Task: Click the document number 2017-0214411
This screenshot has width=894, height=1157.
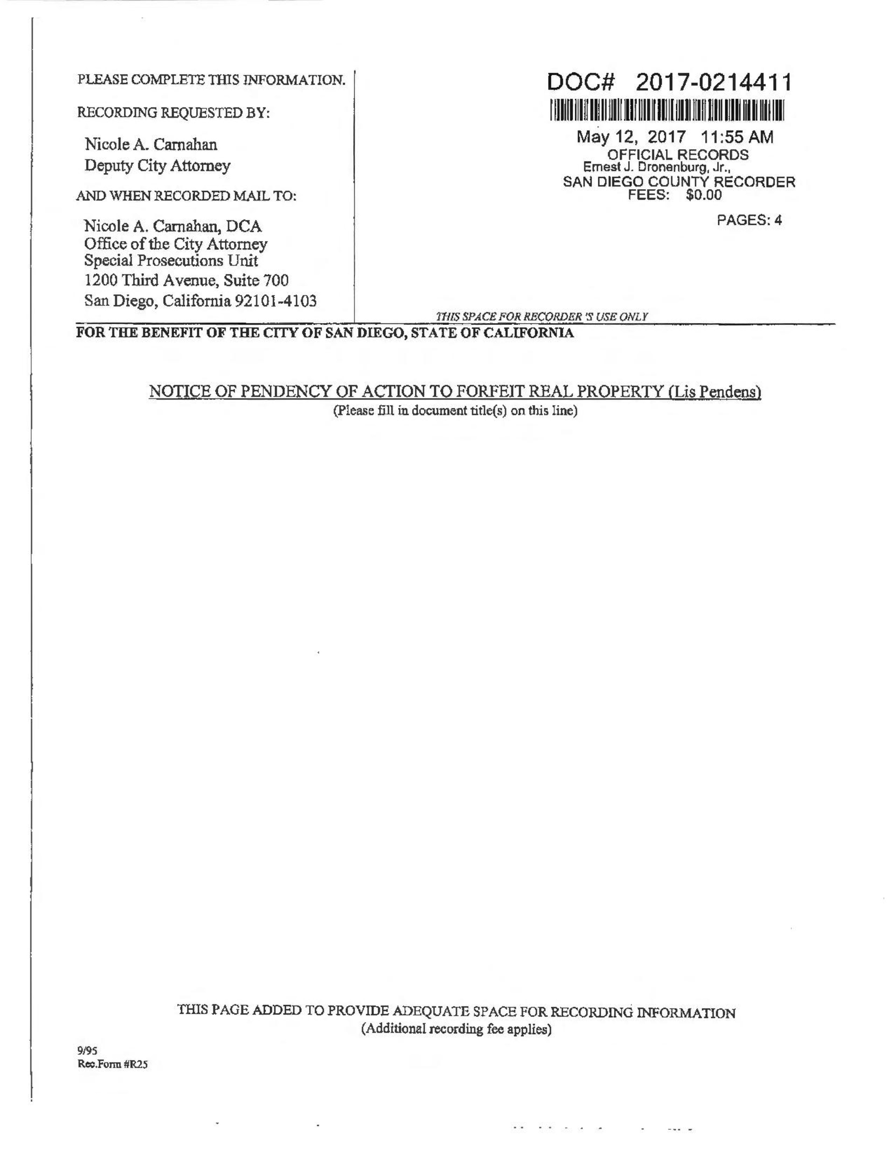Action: click(x=713, y=83)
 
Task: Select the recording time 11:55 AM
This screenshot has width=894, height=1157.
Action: click(x=737, y=137)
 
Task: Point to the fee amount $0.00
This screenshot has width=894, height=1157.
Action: click(x=703, y=195)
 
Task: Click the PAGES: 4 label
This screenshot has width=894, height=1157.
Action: click(x=749, y=220)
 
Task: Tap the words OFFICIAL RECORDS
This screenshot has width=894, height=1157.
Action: click(x=677, y=155)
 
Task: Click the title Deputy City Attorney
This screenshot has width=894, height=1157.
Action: click(x=157, y=166)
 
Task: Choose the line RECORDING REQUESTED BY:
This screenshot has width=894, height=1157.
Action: click(x=173, y=113)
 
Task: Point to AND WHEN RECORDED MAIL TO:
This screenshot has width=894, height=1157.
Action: click(x=186, y=196)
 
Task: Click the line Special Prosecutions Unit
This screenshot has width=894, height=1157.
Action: click(x=171, y=261)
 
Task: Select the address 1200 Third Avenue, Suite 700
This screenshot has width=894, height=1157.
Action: click(x=186, y=280)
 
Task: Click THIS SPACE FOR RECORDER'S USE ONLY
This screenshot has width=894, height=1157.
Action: click(x=542, y=317)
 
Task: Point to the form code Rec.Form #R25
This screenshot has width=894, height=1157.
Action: click(x=112, y=1065)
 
